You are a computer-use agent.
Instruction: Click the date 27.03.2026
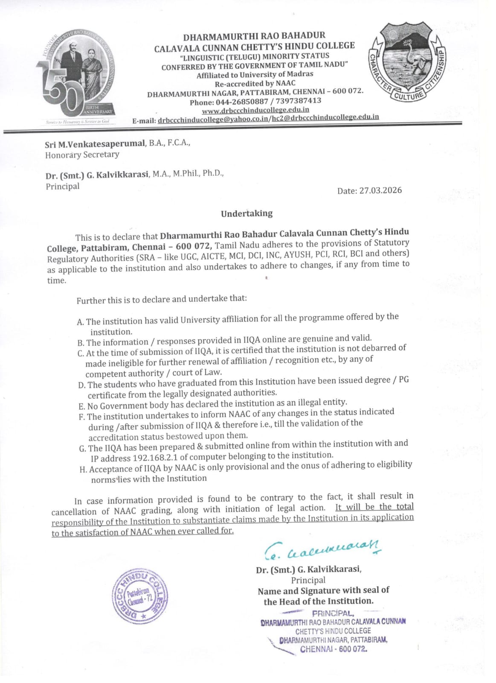coord(381,190)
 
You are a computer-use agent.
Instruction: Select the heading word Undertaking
coord(247,213)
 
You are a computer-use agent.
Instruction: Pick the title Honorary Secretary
coord(82,155)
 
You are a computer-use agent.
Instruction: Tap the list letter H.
coord(83,470)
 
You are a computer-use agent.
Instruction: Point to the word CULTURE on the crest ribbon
coord(409,96)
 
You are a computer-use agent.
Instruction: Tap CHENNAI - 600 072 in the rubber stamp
coord(334,649)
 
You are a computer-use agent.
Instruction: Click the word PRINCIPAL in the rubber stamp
coord(339,613)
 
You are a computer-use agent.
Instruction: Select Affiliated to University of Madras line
coord(255,74)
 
